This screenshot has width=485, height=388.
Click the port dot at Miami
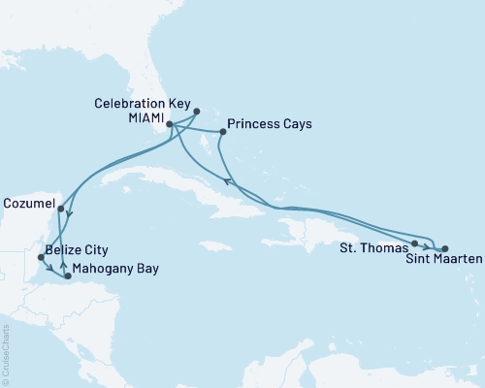169,124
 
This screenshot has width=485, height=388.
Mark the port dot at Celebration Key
196,111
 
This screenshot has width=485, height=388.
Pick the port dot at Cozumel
60,208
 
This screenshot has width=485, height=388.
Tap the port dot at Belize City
40,257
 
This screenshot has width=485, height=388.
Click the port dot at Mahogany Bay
67,276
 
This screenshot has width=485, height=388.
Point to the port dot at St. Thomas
414,243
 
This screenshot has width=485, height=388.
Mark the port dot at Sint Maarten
444,249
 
